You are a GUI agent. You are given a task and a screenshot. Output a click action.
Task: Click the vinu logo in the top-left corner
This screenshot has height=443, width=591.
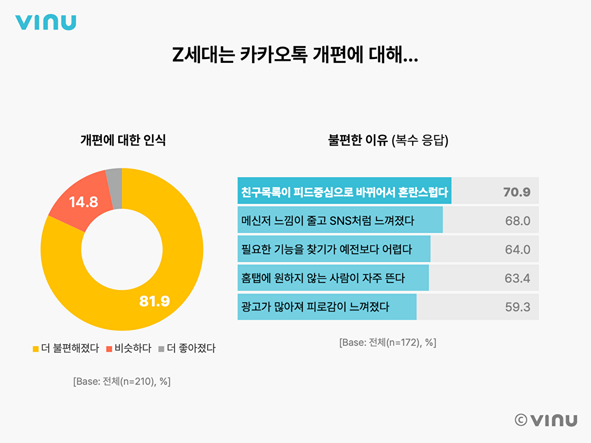coord(45,23)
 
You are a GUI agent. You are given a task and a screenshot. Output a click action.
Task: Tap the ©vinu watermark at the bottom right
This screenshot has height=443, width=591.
coord(546,420)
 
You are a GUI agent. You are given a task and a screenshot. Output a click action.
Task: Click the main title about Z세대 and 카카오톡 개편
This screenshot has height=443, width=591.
coord(295,55)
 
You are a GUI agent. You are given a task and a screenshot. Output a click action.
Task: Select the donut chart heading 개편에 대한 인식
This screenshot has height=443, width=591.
coord(123,140)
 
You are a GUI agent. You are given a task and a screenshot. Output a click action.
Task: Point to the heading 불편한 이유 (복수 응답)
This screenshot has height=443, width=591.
coord(388,140)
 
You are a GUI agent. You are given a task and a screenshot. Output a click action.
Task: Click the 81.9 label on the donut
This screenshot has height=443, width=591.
coord(154,301)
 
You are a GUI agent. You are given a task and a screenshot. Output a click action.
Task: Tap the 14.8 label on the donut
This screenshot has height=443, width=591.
coord(84,202)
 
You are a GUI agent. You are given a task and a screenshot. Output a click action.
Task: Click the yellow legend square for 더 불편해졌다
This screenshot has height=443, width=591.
coord(36,349)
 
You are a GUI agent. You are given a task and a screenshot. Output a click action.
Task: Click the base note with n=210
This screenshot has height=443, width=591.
coord(122,382)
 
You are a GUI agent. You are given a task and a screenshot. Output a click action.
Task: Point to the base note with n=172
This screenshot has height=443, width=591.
coord(388,342)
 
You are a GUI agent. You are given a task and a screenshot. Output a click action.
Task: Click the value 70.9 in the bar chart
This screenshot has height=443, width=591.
coord(517,192)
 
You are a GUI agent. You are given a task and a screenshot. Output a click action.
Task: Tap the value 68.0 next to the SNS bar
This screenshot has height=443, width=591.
coord(518,221)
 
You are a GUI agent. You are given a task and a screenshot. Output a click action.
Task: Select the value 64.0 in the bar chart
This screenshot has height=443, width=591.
coord(518,250)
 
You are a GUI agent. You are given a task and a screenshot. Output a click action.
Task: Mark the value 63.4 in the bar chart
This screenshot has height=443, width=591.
coord(518,278)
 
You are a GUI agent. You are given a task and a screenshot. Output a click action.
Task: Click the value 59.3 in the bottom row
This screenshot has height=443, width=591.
coord(518,307)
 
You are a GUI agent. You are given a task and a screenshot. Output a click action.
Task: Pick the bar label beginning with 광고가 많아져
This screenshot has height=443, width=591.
coord(315,307)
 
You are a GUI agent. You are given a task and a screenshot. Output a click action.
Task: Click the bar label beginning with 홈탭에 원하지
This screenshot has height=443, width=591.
coord(323,278)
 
